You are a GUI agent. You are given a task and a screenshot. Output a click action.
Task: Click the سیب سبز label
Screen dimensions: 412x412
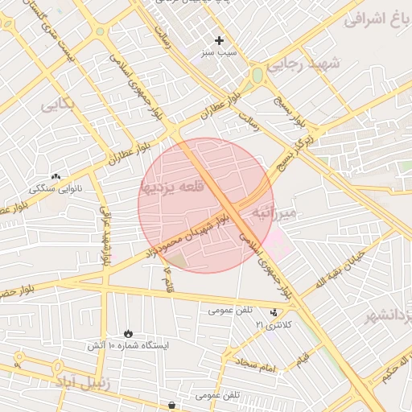(x=220, y=52)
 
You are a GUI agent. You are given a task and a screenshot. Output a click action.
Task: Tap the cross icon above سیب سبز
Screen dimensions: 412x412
(x=219, y=40)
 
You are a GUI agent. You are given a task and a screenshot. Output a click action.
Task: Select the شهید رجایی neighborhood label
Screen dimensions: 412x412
(x=304, y=64)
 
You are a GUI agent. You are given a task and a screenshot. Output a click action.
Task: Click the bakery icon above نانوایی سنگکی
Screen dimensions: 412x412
(x=56, y=176)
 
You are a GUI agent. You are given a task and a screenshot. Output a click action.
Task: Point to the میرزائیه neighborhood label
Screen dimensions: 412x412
(x=274, y=212)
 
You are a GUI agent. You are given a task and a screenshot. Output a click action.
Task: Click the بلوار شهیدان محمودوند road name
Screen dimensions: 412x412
(x=187, y=235)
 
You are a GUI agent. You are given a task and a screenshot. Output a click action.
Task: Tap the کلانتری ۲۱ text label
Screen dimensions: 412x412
(x=275, y=323)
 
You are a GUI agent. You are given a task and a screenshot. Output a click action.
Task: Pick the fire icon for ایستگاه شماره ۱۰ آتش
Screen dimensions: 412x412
(x=128, y=333)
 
